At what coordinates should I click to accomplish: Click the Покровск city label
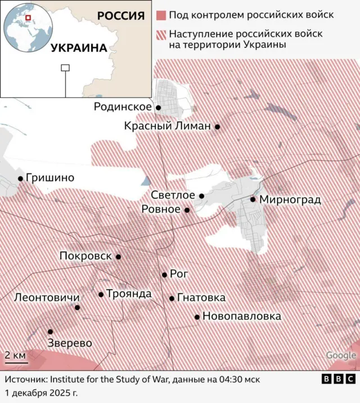tap(86, 256)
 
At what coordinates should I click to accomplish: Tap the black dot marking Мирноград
tap(253, 199)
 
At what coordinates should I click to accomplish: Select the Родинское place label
tap(123, 106)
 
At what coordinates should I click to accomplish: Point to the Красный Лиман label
tap(167, 127)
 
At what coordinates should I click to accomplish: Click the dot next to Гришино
tap(21, 178)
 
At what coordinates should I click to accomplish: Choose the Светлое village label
tap(173, 195)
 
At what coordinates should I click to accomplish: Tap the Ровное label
tap(161, 209)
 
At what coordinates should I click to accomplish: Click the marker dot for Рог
tap(164, 275)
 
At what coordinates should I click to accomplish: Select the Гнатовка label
tap(201, 298)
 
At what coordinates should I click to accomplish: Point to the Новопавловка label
tap(241, 316)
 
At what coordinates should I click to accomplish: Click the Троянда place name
tap(129, 294)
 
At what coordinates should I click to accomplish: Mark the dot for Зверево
tap(51, 332)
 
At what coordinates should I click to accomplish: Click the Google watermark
tap(341, 355)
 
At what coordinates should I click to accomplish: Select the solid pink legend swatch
tap(161, 15)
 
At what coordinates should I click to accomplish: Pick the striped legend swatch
tap(161, 34)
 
